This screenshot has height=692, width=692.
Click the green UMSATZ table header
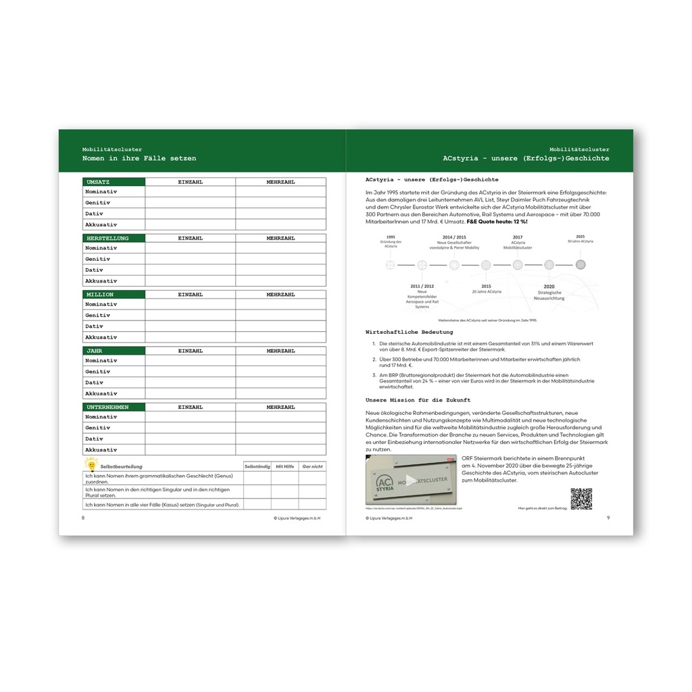click(114, 182)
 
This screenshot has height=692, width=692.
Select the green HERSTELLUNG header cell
click(114, 238)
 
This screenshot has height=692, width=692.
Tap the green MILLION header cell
click(114, 295)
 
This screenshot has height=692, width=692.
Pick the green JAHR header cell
click(114, 351)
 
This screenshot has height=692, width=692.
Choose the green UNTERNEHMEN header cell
click(114, 407)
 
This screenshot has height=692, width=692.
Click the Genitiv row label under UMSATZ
click(98, 203)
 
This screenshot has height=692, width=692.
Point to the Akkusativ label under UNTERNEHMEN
click(101, 449)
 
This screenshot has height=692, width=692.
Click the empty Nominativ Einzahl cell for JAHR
click(190, 361)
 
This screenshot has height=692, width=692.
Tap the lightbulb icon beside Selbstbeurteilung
click(91, 464)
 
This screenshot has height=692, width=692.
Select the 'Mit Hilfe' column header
click(285, 466)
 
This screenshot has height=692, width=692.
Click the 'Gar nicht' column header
click(312, 466)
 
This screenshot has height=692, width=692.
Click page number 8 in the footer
click(83, 518)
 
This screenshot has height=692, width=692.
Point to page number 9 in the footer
click(608, 518)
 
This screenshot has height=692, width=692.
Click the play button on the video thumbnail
click(411, 480)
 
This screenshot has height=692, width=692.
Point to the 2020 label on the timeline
click(549, 286)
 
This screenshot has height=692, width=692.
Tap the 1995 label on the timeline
click(391, 237)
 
